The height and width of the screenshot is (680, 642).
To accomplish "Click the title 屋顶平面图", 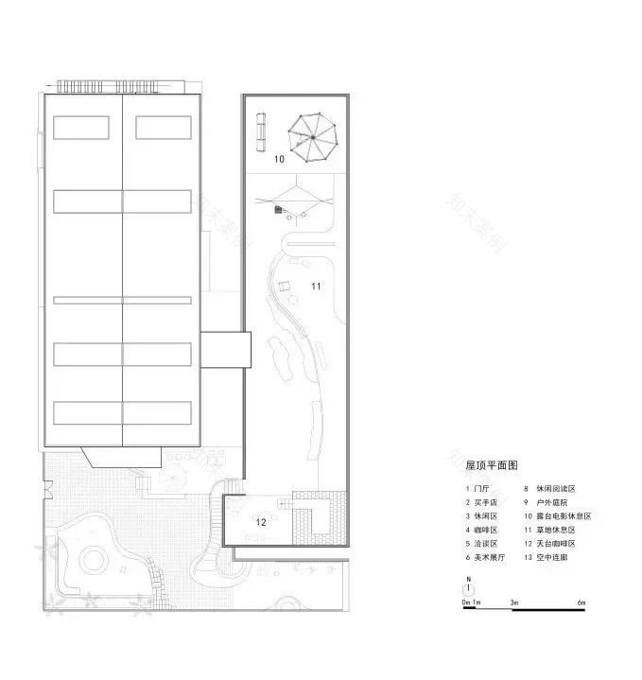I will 492,465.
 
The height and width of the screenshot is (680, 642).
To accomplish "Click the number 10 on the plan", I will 279,160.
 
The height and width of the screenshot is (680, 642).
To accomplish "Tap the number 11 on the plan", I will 317,285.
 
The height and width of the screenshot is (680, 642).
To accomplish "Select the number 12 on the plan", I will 261,521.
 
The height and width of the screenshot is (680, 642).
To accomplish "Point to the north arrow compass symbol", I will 468,586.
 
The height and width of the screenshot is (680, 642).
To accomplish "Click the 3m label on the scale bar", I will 514,602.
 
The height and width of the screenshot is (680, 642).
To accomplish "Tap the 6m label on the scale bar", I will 582,602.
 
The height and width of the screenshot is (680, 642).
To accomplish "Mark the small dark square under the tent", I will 278,210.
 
